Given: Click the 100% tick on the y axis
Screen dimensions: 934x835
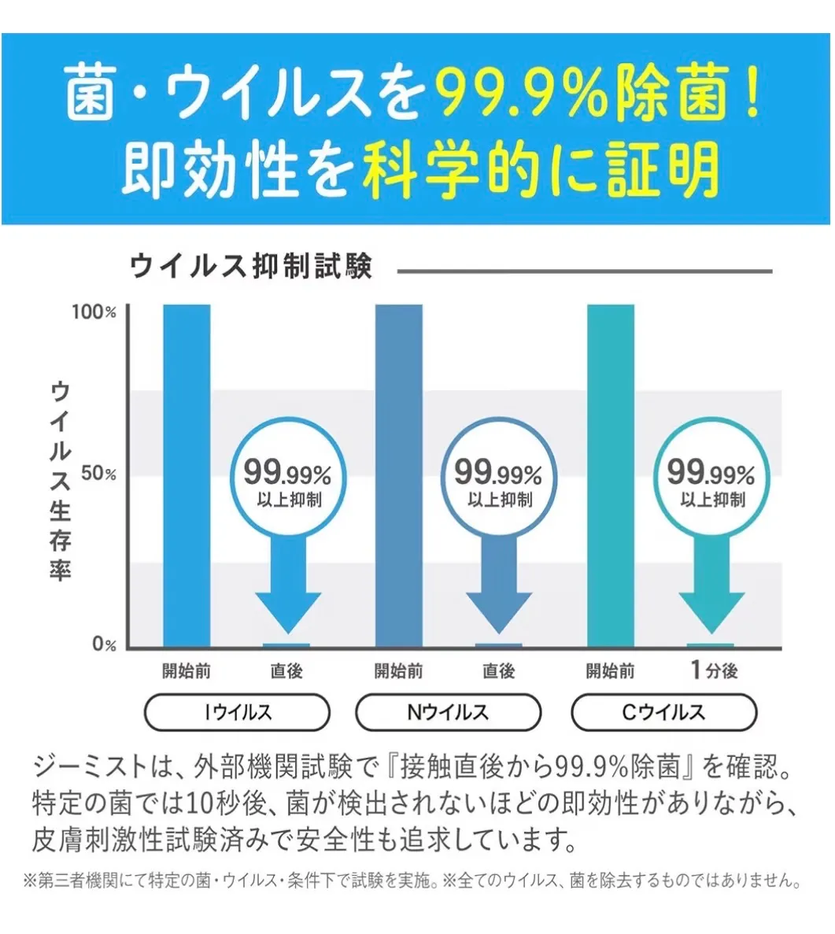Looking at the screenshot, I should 94,312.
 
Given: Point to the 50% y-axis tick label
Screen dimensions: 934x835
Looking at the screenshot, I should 98,474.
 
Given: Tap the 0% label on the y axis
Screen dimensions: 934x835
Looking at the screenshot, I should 104,644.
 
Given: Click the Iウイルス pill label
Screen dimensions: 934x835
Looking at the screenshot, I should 237,712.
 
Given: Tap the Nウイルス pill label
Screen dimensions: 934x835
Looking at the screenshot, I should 449,712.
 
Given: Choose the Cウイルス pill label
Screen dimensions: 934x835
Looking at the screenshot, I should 663,712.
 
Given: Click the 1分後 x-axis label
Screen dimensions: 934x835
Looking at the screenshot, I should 714,670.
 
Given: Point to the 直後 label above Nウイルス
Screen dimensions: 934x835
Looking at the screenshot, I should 498,670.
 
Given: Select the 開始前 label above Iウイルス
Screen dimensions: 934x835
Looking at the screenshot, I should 187,670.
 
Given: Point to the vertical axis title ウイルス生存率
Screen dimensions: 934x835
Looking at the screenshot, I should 61,481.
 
